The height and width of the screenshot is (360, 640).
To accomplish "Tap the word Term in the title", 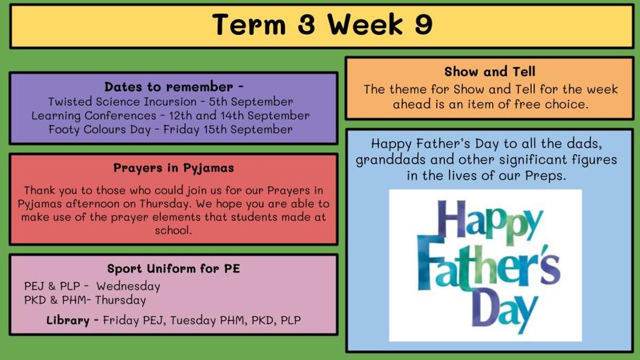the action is pyautogui.click(x=249, y=25).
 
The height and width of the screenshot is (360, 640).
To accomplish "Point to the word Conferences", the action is pyautogui.click(x=121, y=115).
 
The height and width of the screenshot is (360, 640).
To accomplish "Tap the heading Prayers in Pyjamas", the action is pyautogui.click(x=173, y=168).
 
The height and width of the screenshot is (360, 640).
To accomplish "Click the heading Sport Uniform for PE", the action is pyautogui.click(x=173, y=269).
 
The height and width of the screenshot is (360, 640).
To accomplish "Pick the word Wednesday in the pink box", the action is pyautogui.click(x=129, y=286).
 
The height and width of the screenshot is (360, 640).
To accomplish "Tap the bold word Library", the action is pyautogui.click(x=68, y=321).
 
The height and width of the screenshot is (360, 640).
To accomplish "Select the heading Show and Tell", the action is pyautogui.click(x=490, y=71).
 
